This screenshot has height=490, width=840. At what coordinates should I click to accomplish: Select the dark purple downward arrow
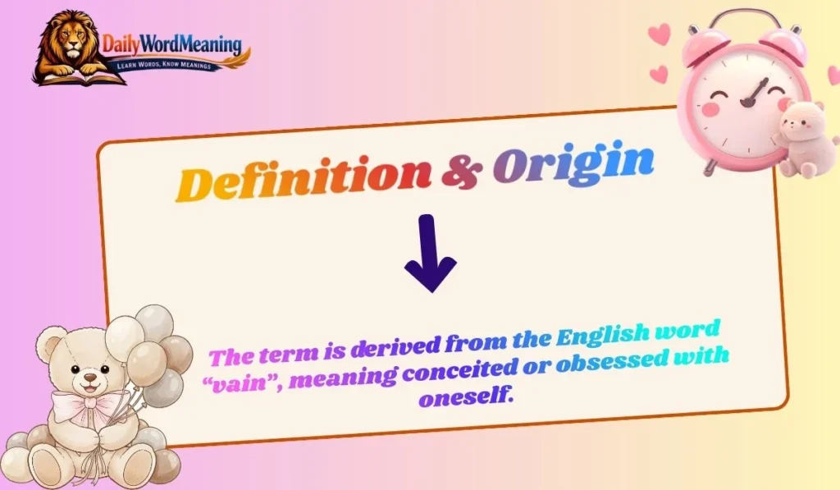coord(430,254)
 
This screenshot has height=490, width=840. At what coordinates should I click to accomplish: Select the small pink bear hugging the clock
coord(800,135)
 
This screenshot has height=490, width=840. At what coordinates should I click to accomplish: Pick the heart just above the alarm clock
coord(659,34)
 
